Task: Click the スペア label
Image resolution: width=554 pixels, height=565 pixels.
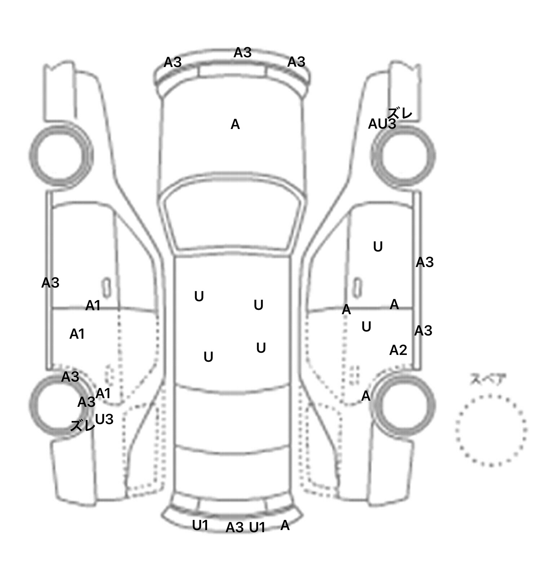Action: click(x=487, y=380)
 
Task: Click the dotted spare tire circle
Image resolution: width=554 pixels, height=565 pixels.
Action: click(x=491, y=430)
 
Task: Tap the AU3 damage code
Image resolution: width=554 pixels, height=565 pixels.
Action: click(x=382, y=124)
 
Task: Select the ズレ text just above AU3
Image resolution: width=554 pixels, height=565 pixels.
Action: click(x=400, y=113)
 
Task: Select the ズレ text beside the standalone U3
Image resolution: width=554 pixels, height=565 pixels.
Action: click(x=82, y=426)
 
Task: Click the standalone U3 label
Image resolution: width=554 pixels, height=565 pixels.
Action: click(x=104, y=419)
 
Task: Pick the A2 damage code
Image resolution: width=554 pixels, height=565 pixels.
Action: click(x=398, y=350)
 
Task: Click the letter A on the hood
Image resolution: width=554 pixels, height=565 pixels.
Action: click(x=235, y=125)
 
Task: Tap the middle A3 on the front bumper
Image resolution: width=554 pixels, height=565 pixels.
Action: click(x=242, y=53)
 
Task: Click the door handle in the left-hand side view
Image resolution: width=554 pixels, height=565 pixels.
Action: click(x=106, y=288)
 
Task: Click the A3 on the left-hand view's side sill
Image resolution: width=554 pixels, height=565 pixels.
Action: click(x=50, y=283)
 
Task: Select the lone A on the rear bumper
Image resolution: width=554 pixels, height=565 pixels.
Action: click(x=285, y=526)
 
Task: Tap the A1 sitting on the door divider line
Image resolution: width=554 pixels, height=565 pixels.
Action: click(x=93, y=306)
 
